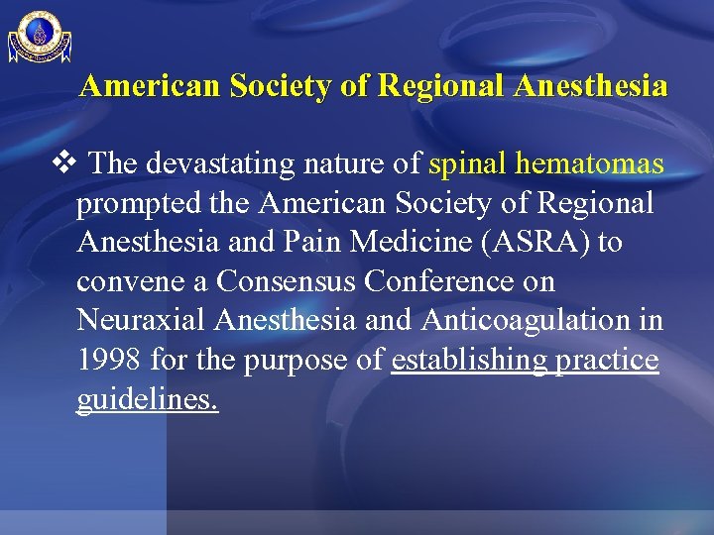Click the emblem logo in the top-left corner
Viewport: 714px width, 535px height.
tap(40, 37)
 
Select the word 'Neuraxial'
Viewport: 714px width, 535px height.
tap(144, 322)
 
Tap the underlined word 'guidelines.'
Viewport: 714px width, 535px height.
tap(147, 401)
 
